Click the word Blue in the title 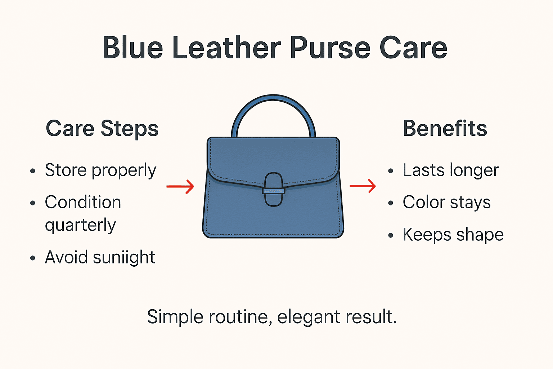(x=132, y=48)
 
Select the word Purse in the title (x=330, y=48)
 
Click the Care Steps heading (x=102, y=129)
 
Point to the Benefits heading (x=445, y=129)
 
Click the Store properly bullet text (x=100, y=170)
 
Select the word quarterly (x=80, y=226)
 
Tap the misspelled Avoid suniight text (x=100, y=258)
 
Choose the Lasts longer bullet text (x=451, y=170)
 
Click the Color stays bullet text (x=446, y=203)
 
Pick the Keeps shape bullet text (x=453, y=235)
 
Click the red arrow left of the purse (x=180, y=186)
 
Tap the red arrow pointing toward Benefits (x=363, y=186)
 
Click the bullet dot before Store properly (x=33, y=171)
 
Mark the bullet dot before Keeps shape (x=391, y=236)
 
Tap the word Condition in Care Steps (x=83, y=203)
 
